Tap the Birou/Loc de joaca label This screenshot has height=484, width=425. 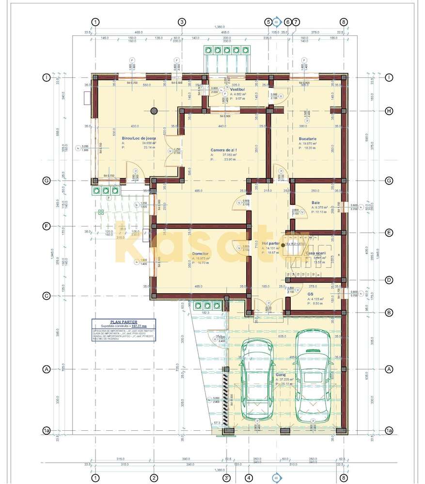pyautogui.click(x=139, y=138)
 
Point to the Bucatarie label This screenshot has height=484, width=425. pyautogui.click(x=307, y=138)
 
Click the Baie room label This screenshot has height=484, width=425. pyautogui.click(x=315, y=203)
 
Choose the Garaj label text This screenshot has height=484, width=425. pyautogui.click(x=281, y=375)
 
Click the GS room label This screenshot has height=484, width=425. pyautogui.click(x=310, y=294)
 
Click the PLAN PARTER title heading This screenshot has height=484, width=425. pyautogui.click(x=124, y=321)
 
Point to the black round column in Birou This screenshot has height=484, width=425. pyautogui.click(x=154, y=110)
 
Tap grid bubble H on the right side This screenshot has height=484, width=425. pyautogui.click(x=389, y=111)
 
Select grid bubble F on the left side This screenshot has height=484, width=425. pyautogui.click(x=47, y=226)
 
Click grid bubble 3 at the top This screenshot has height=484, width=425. pyautogui.click(x=182, y=22)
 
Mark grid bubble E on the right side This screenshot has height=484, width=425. pyautogui.click(x=389, y=232)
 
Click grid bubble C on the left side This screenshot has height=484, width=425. pyautogui.click(x=47, y=296)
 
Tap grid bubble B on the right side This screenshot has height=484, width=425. pyautogui.click(x=389, y=313)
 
